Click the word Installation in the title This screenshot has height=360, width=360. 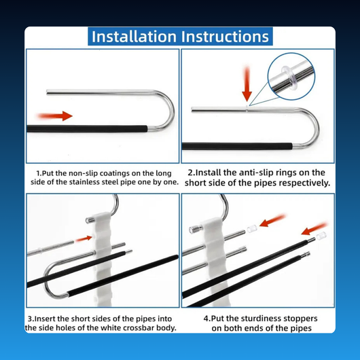[x=134, y=37]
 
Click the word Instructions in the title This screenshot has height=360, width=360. [x=225, y=37]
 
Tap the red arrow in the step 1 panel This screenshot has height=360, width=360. [x=55, y=115]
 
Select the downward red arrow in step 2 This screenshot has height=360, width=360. [x=247, y=84]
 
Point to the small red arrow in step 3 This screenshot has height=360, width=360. [x=84, y=238]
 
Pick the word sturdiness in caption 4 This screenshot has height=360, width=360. [x=262, y=319]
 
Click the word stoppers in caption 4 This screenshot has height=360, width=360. [x=300, y=319]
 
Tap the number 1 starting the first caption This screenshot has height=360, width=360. [x=38, y=173]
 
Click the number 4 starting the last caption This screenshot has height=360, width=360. [x=206, y=319]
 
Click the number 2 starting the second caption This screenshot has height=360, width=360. [x=190, y=173]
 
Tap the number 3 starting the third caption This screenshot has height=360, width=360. [x=30, y=319]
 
